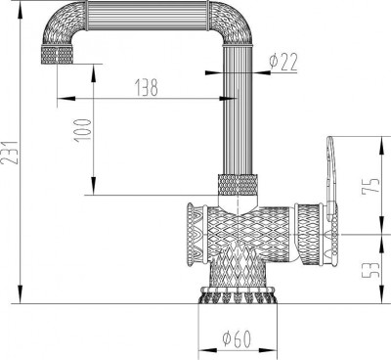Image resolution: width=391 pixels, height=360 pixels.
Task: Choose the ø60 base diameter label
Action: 238,338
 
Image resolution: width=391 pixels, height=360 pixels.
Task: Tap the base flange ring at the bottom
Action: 238,294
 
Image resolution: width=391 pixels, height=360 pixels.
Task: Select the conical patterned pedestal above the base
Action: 239,269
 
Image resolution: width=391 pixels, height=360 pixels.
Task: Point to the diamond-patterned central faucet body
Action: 239,230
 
